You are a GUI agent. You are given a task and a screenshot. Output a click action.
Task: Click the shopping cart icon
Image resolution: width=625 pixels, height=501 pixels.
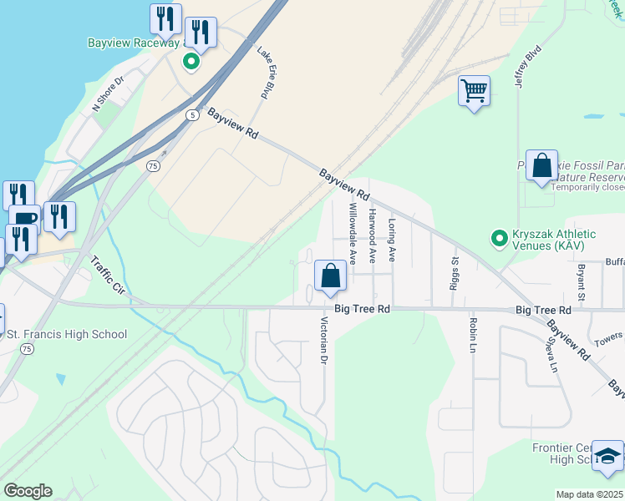[474, 90]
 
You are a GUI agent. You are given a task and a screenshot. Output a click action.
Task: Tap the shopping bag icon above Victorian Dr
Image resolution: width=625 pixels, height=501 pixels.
[331, 276]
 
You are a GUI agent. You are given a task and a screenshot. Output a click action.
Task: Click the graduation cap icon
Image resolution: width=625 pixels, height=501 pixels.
[608, 456]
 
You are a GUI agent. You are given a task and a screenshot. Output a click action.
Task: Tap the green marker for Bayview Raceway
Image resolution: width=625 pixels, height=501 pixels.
[191, 61]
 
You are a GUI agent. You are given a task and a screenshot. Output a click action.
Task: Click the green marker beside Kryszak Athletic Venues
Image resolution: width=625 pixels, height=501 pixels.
[499, 240]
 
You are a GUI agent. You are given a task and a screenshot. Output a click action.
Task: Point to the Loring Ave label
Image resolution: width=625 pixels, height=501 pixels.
[391, 240]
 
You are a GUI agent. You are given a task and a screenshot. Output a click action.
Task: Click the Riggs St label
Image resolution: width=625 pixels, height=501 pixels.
[455, 268]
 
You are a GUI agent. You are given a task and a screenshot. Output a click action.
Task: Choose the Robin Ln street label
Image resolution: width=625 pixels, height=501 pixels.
[473, 335]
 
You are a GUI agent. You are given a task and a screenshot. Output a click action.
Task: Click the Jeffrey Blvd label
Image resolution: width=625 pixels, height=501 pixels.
[528, 67]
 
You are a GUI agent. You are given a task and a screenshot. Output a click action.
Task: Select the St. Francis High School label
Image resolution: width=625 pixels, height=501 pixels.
[67, 335]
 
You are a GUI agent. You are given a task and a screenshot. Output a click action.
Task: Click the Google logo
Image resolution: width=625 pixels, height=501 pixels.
[28, 491]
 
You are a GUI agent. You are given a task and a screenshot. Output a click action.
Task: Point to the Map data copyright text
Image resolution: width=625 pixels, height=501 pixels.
[590, 494]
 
